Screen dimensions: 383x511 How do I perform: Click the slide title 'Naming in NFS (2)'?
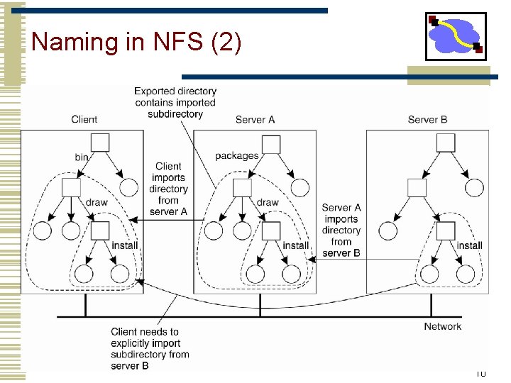pyautogui.click(x=136, y=42)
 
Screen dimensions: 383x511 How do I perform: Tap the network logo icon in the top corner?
pyautogui.click(x=455, y=36)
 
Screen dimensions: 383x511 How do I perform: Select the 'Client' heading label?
pyautogui.click(x=84, y=119)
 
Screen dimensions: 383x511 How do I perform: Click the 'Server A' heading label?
pyautogui.click(x=255, y=119)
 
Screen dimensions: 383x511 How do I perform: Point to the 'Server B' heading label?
pyautogui.click(x=427, y=119)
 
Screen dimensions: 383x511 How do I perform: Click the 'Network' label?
pyautogui.click(x=442, y=326)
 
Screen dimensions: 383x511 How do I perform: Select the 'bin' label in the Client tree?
pyautogui.click(x=82, y=156)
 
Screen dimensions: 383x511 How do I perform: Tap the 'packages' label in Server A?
pyautogui.click(x=236, y=156)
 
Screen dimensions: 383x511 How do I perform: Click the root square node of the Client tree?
pyautogui.click(x=100, y=142)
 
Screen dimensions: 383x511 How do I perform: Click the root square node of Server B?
pyautogui.click(x=446, y=143)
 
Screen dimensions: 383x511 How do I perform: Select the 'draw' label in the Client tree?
pyautogui.click(x=97, y=202)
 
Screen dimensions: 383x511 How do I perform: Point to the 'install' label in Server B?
pyautogui.click(x=469, y=245)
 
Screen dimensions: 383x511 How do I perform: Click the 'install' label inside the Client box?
pyautogui.click(x=125, y=245)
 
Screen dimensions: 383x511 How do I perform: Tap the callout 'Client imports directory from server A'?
pyautogui.click(x=168, y=189)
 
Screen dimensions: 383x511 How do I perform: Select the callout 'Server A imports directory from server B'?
pyautogui.click(x=341, y=230)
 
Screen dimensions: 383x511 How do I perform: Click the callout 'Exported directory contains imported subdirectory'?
pyautogui.click(x=175, y=102)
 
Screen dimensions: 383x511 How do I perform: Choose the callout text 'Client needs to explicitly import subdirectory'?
pyautogui.click(x=150, y=348)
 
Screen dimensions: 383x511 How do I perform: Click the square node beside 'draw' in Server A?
pyautogui.click(x=243, y=187)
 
